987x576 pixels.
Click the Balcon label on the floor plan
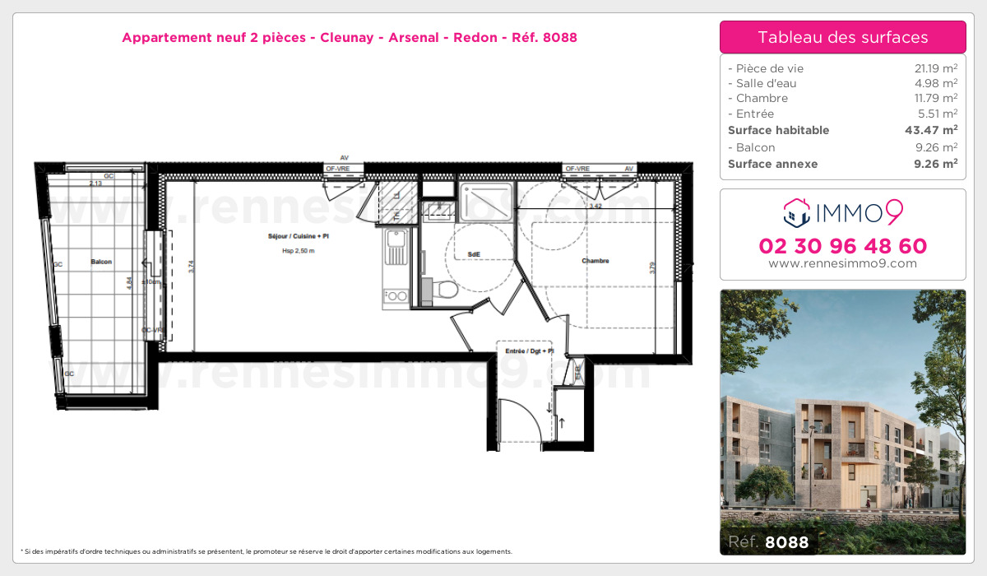101,262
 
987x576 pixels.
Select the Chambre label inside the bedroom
595,261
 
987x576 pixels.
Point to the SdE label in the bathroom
474,254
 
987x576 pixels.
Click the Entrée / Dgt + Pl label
529,351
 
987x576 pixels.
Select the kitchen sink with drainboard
396,247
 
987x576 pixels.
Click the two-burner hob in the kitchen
396,295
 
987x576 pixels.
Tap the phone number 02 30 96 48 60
842,246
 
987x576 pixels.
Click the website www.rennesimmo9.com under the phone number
842,263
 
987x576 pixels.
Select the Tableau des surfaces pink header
842,37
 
